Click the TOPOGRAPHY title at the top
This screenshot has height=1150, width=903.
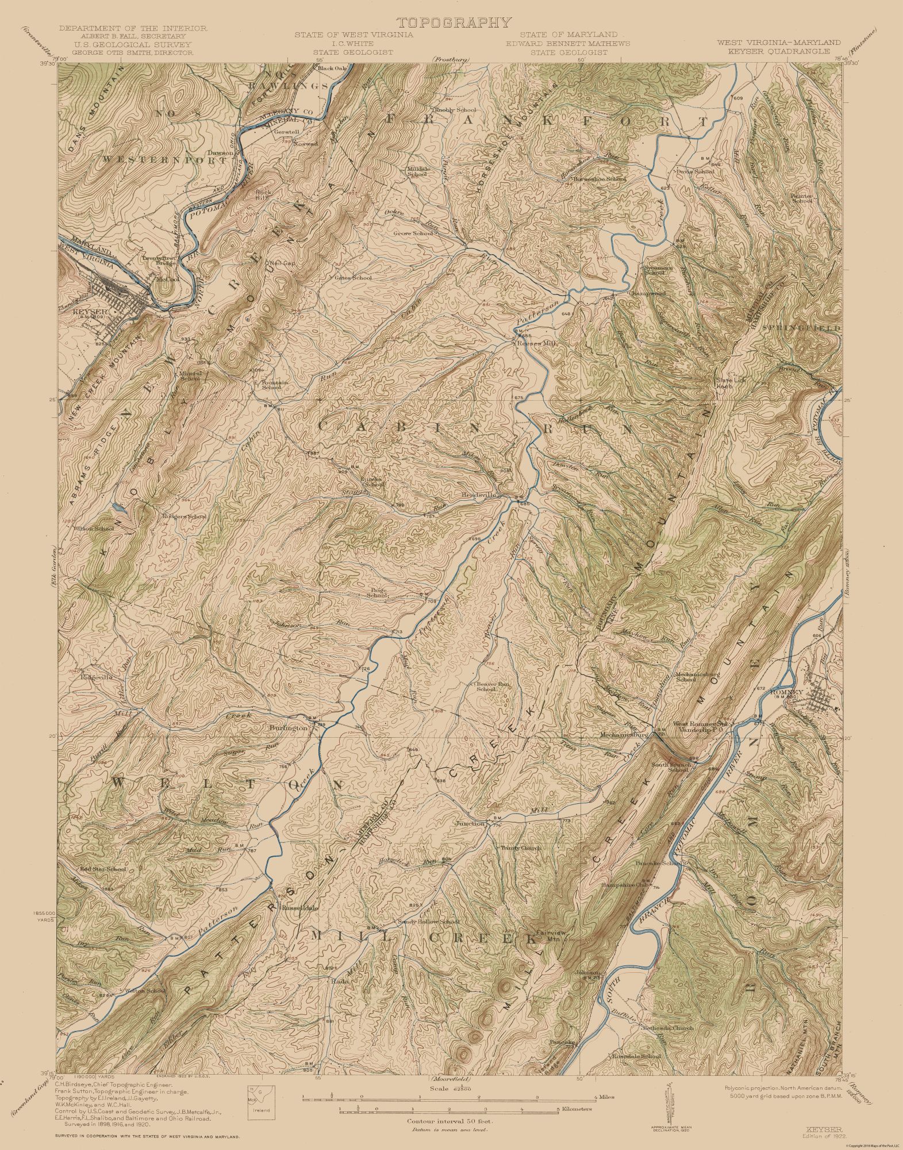click(x=453, y=22)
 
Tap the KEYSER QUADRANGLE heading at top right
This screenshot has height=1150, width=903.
click(x=778, y=51)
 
